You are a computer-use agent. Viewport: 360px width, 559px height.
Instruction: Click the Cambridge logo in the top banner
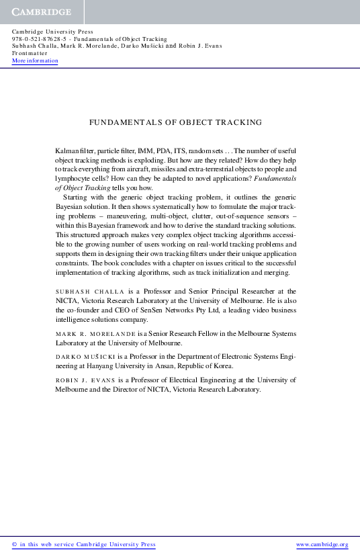click(x=40, y=12)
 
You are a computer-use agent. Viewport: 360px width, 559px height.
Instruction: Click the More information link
click(x=35, y=61)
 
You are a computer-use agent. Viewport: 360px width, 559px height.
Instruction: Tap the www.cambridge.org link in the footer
click(x=322, y=544)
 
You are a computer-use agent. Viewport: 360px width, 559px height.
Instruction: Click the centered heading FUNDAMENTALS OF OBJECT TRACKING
click(x=175, y=123)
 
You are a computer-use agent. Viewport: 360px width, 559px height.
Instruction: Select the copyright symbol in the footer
click(x=15, y=544)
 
